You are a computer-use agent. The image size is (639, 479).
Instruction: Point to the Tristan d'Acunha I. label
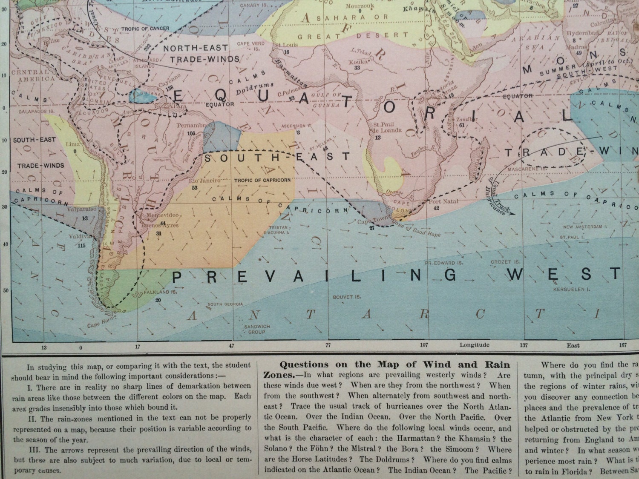[x=279, y=230]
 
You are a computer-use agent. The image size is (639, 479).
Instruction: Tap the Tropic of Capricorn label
[x=262, y=180]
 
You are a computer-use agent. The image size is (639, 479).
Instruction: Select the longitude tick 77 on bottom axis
[x=328, y=346]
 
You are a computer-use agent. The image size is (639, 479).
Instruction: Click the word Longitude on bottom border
[x=474, y=345]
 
